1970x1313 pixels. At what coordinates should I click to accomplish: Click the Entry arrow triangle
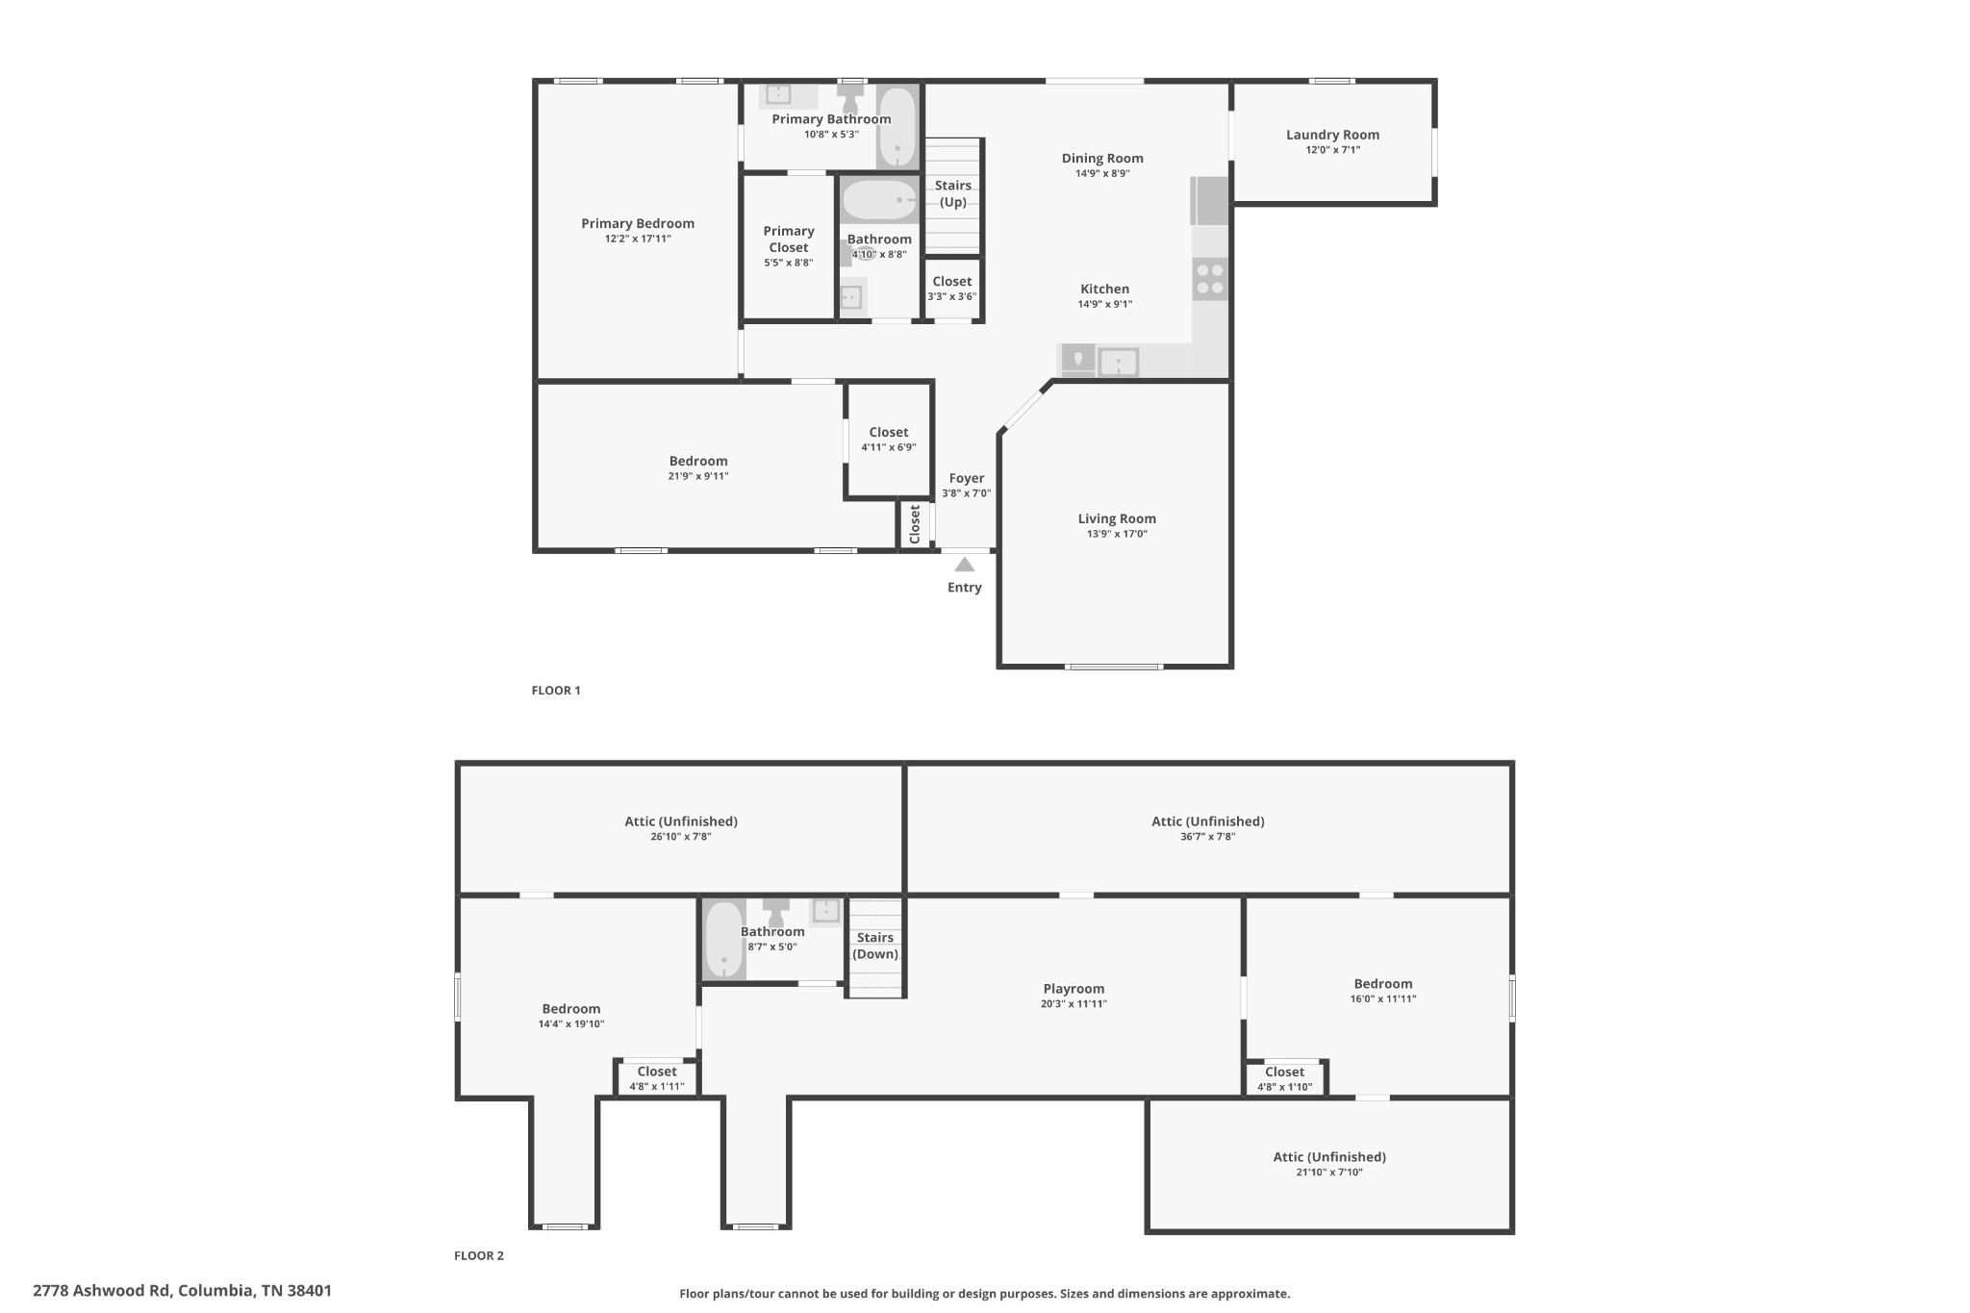[x=964, y=565]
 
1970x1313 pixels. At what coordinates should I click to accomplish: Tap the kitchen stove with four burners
[x=1210, y=279]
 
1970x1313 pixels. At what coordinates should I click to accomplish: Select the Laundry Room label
[x=1332, y=135]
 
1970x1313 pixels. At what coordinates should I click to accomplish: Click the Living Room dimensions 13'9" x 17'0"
[x=1117, y=534]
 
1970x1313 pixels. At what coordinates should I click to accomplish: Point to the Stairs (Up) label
[x=952, y=193]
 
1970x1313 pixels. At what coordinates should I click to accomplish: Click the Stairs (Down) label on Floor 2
[x=875, y=946]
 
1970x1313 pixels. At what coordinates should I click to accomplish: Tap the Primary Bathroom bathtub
[x=897, y=128]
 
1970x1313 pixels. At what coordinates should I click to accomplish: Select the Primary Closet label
[x=789, y=239]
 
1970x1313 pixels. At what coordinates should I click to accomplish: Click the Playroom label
[x=1073, y=989]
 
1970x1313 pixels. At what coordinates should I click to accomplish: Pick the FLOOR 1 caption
[x=556, y=690]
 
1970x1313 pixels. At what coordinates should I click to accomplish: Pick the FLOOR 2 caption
[x=479, y=1255]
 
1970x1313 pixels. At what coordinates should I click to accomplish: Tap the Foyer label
[x=967, y=478]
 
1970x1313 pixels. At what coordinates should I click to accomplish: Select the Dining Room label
[x=1102, y=159]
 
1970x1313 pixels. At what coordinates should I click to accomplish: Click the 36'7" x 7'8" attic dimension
[x=1208, y=837]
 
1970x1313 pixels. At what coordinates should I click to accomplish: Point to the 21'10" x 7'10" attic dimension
[x=1330, y=1172]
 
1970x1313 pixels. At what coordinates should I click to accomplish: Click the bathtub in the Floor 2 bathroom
[x=724, y=940]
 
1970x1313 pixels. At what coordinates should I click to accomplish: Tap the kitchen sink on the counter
[x=1119, y=363]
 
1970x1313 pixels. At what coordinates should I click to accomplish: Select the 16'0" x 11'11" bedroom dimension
[x=1383, y=998]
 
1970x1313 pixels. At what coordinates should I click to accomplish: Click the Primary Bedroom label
[x=638, y=223]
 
